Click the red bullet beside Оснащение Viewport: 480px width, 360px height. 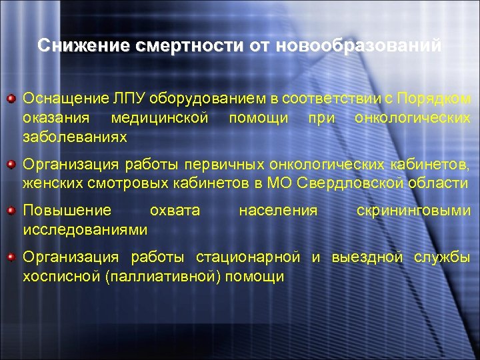point(11,100)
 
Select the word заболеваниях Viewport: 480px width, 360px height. point(75,137)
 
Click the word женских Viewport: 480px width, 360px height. point(50,183)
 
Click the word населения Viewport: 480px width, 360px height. point(278,211)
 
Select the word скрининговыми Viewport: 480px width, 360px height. point(413,211)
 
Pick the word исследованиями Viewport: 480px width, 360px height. point(85,230)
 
